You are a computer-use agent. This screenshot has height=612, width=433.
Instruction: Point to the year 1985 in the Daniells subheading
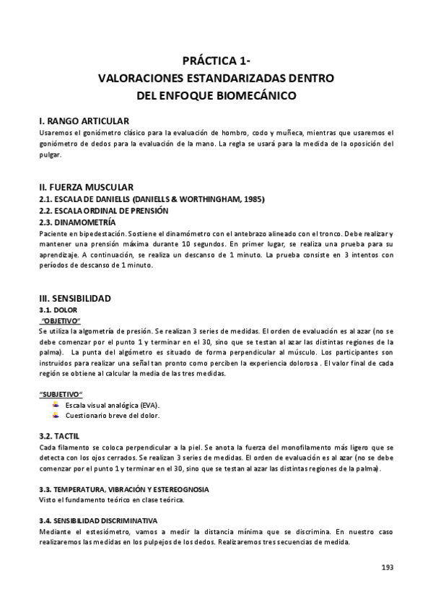(252, 199)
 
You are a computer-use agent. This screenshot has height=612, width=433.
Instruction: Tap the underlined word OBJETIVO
(61, 320)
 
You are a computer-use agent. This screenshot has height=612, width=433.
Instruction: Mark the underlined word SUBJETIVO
(61, 395)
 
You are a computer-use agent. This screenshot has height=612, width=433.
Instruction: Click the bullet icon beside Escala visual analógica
(56, 405)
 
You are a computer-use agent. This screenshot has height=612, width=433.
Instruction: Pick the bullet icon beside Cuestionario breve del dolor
(56, 415)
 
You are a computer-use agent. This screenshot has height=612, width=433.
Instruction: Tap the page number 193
(387, 568)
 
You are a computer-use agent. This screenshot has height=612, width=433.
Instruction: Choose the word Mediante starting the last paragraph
(56, 532)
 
